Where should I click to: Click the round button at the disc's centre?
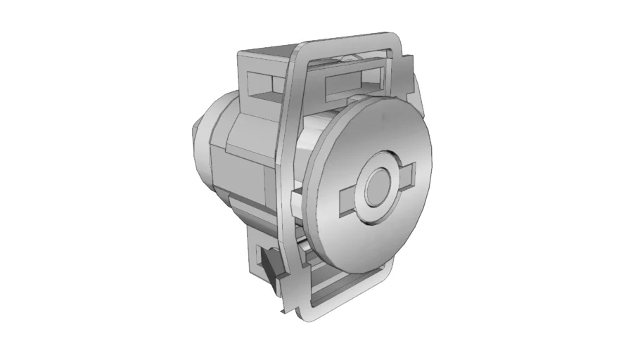point(378,188)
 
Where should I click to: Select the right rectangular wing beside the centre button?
point(407,172)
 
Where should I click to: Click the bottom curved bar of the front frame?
point(352,302)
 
